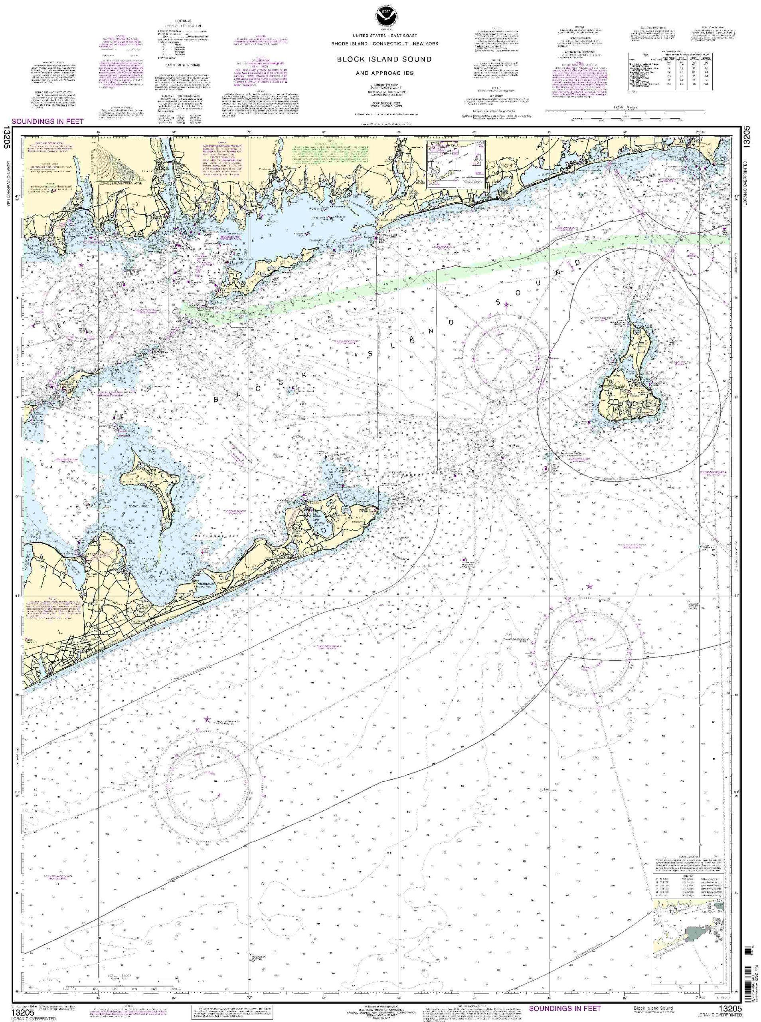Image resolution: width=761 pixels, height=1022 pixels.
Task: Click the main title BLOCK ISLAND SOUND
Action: coord(384,59)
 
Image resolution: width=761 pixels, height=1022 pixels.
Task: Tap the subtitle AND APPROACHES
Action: coord(384,73)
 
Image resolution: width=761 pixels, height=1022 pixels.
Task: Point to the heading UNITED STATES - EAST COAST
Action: coord(384,36)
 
